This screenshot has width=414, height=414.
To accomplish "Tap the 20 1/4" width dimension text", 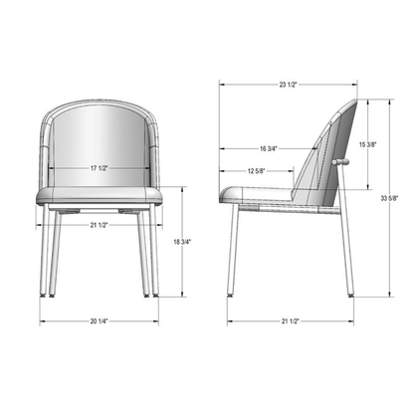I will (x=97, y=321).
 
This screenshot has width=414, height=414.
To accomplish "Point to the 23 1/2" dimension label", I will (x=288, y=85).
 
